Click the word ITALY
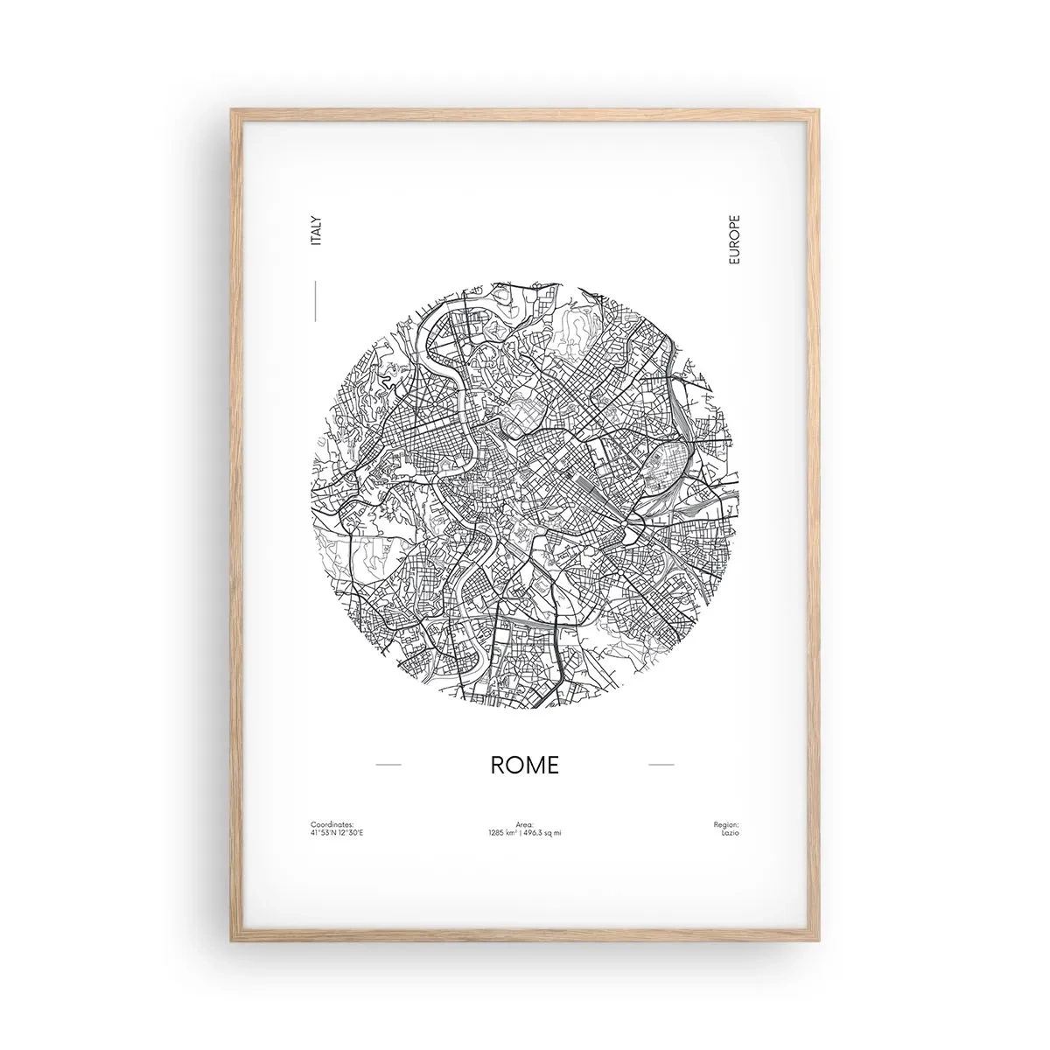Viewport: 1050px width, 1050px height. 317,230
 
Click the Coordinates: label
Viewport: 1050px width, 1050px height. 332,824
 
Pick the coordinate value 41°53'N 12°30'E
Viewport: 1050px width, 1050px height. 336,832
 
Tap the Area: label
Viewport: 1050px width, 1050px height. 524,824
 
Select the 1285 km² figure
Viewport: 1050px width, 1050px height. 505,832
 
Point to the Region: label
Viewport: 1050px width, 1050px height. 725,824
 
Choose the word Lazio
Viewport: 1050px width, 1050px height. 730,832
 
